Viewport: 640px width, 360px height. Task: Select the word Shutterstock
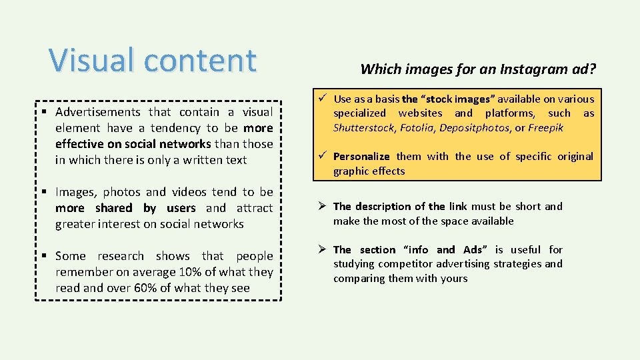coord(363,127)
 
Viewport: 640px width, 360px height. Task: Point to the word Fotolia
coord(417,127)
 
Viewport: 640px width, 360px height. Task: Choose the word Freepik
coord(546,127)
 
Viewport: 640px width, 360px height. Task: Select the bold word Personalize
coord(361,156)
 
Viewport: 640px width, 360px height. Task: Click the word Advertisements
coord(98,112)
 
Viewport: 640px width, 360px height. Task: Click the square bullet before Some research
coord(45,256)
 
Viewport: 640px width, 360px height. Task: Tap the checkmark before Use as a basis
coord(322,99)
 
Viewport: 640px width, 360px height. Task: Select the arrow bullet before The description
coord(322,206)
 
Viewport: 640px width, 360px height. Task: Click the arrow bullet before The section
coord(322,249)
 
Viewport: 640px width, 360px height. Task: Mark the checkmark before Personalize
coord(322,156)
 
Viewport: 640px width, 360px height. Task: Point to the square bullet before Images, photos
coord(45,192)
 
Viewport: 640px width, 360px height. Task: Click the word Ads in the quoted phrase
coord(473,249)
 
